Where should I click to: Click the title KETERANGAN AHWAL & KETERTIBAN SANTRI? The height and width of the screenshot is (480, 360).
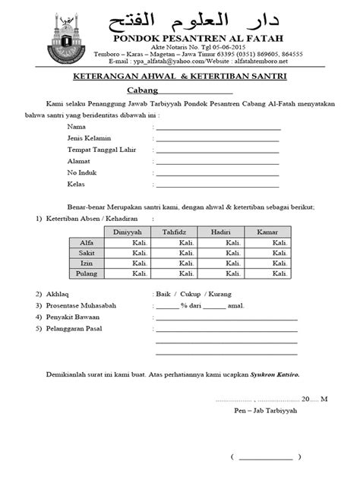pos(180,78)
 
